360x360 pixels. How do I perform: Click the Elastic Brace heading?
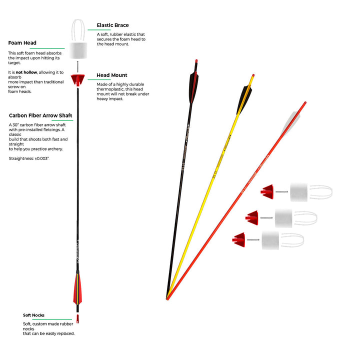click(112, 24)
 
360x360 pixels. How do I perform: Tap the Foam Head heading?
click(22, 43)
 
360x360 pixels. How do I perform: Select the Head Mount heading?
click(112, 75)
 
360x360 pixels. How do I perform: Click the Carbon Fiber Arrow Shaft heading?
click(40, 115)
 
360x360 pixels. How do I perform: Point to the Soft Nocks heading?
click(33, 315)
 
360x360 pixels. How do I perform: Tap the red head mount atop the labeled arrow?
click(77, 79)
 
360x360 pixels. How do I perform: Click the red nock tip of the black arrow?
click(196, 61)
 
